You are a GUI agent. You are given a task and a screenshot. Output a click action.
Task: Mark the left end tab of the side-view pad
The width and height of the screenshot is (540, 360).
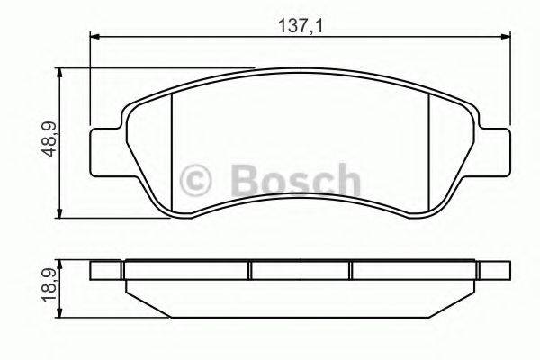click(106, 270)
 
